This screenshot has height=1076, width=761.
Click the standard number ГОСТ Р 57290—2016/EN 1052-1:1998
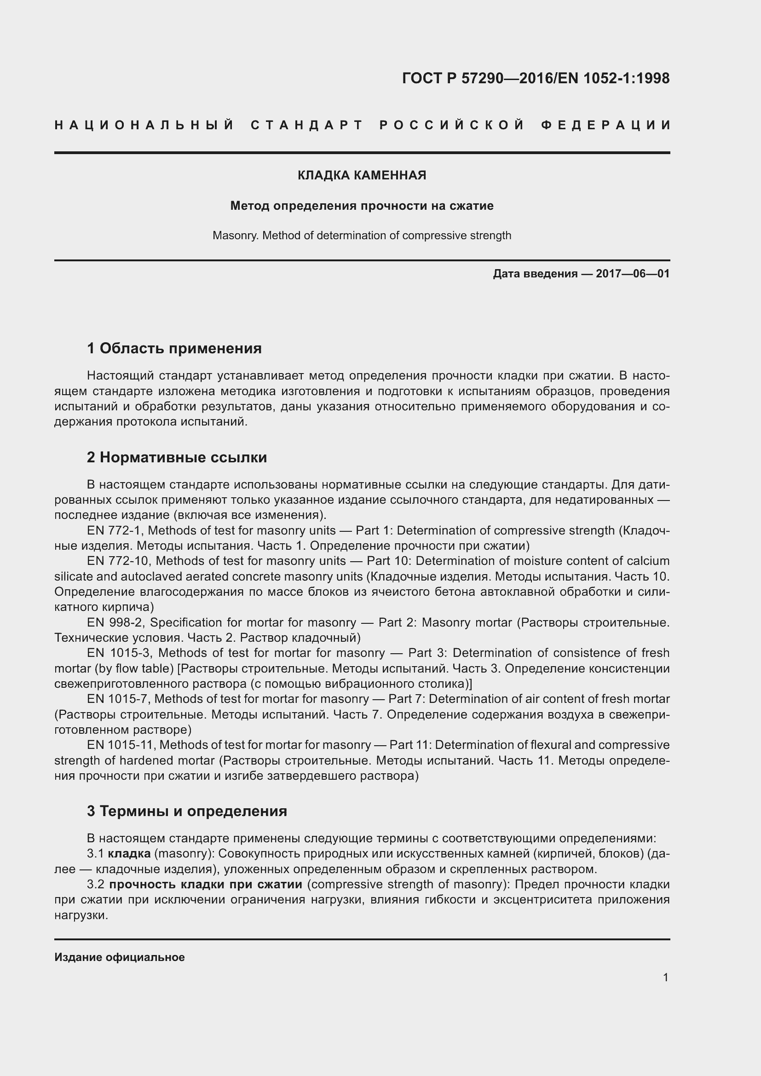click(x=536, y=78)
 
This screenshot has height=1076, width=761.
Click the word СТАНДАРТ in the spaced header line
click(x=307, y=125)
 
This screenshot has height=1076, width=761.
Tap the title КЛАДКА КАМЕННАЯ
click(x=362, y=175)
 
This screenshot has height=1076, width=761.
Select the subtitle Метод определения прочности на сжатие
click(x=362, y=206)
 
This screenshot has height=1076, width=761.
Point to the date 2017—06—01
click(x=633, y=274)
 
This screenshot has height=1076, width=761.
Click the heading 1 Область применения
click(x=174, y=348)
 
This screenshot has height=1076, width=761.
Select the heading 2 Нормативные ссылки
click(x=177, y=457)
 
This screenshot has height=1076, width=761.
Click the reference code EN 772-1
click(x=115, y=530)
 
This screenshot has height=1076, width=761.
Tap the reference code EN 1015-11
click(x=120, y=745)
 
